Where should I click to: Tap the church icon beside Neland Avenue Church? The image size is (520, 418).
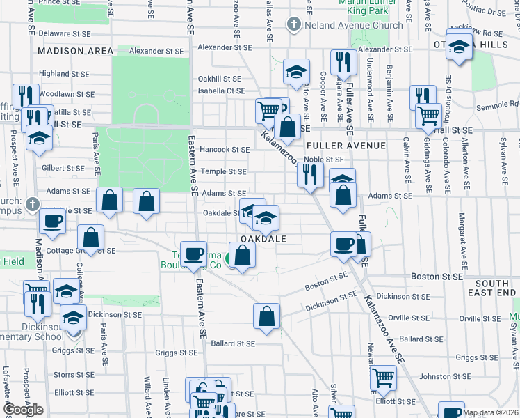[294, 25]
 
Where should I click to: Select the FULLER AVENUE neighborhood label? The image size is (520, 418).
[346, 146]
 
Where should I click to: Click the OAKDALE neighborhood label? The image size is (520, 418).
[263, 238]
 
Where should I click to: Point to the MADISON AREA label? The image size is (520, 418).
[76, 51]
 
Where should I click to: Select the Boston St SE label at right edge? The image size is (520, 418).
[437, 276]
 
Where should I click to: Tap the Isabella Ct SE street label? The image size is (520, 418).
[222, 91]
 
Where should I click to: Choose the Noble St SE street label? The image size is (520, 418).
[324, 160]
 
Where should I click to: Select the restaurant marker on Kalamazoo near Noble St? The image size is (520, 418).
[310, 173]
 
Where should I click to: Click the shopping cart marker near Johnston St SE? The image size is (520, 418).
[383, 379]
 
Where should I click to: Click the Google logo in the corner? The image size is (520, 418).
[24, 410]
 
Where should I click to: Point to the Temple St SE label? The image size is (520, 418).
[223, 171]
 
